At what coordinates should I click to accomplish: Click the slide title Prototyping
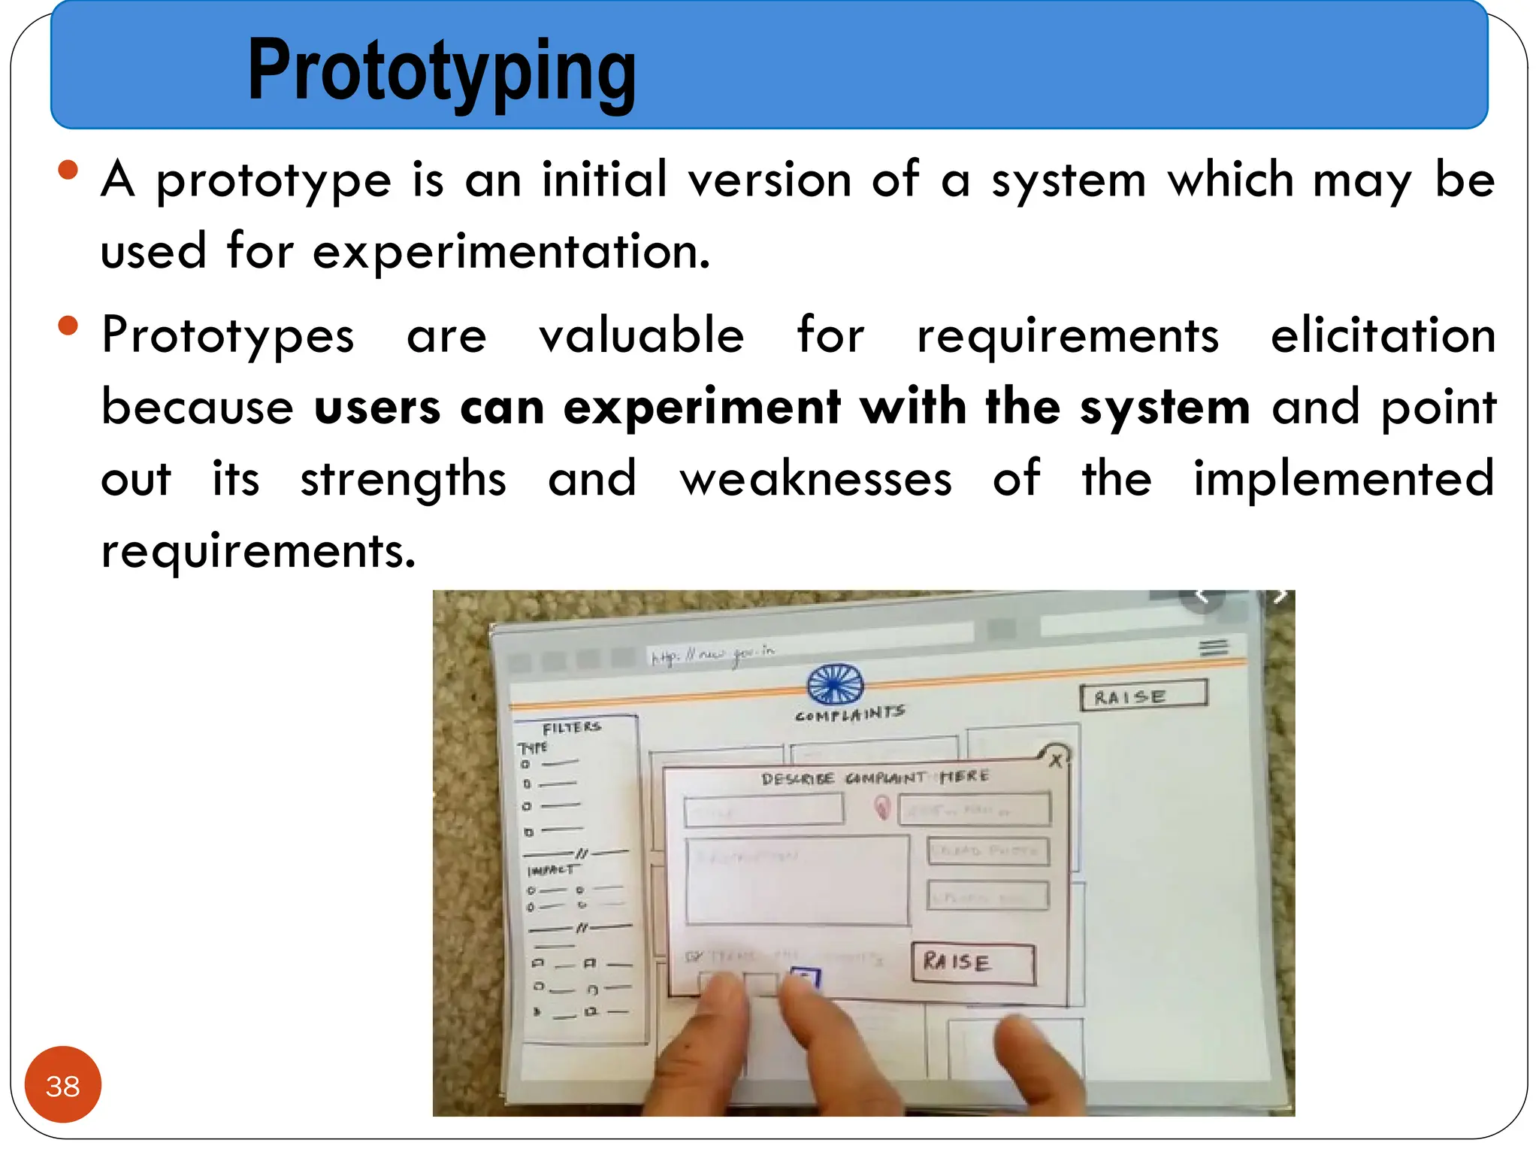442,71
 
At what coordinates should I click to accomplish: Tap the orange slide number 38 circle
62,1085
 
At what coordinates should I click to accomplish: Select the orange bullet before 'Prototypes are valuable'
68,326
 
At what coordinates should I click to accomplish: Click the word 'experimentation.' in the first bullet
511,251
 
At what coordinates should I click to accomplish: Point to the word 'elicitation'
1383,335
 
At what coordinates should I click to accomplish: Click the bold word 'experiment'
702,408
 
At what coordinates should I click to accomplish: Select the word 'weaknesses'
816,479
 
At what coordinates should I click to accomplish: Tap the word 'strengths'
404,479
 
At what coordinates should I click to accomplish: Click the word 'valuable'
642,335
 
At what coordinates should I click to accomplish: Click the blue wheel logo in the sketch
835,684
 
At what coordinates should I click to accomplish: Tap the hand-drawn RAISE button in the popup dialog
973,962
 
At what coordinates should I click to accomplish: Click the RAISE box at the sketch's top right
1143,695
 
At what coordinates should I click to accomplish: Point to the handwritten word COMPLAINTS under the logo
850,713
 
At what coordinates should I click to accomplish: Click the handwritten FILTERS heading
572,728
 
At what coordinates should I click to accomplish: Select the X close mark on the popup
1056,759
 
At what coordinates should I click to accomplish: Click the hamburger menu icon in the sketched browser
1214,647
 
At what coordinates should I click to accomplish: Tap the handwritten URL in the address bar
712,654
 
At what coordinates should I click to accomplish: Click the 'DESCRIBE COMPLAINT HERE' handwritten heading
875,778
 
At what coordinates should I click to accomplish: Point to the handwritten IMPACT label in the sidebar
551,870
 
